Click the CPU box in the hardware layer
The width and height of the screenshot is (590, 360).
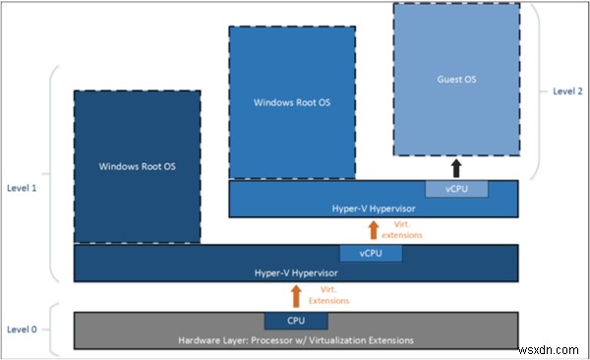pyautogui.click(x=296, y=321)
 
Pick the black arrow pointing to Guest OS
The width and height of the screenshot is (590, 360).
pyautogui.click(x=454, y=166)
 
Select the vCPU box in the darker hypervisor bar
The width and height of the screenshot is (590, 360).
pyautogui.click(x=370, y=253)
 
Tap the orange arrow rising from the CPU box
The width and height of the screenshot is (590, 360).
pyautogui.click(x=296, y=294)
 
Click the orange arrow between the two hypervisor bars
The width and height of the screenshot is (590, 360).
pyautogui.click(x=373, y=230)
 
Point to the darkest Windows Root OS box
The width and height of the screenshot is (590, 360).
pyautogui.click(x=137, y=166)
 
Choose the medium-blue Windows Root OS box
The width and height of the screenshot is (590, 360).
pyautogui.click(x=292, y=101)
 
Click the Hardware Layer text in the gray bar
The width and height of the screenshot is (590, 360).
pyautogui.click(x=296, y=339)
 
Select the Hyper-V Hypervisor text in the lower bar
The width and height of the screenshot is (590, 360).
pyautogui.click(x=296, y=270)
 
